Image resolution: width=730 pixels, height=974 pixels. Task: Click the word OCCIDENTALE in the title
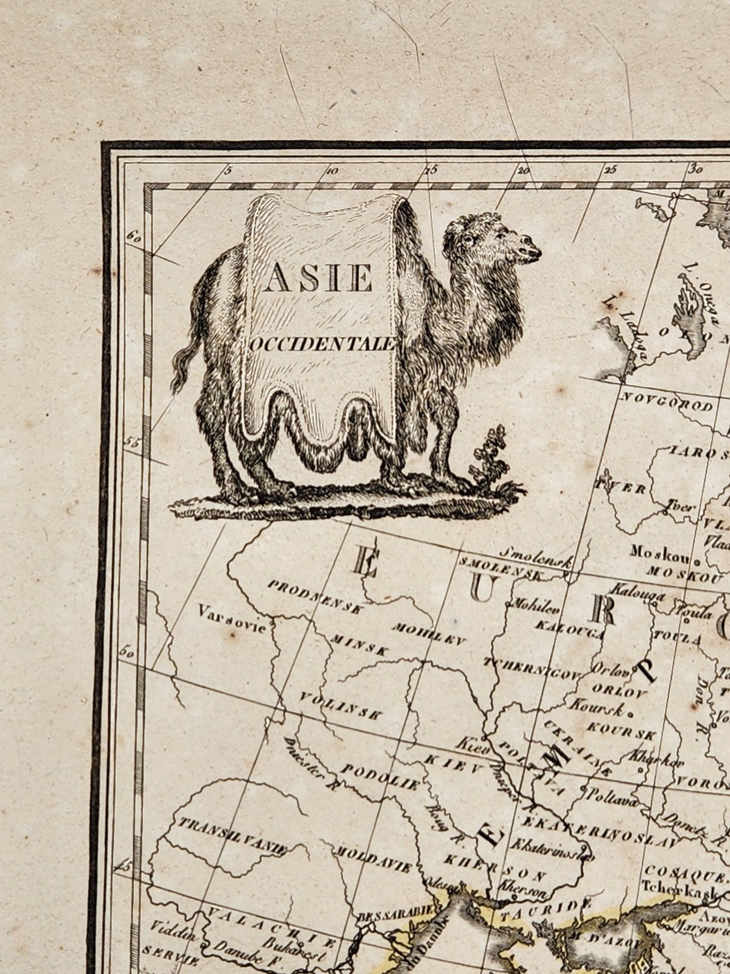click(321, 345)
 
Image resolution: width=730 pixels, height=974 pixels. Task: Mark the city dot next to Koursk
click(630, 714)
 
